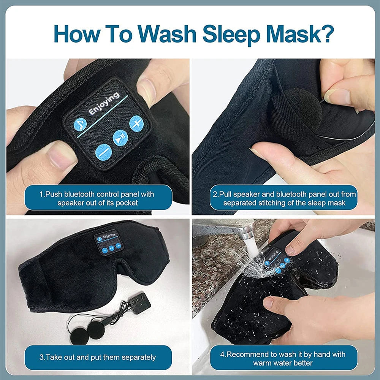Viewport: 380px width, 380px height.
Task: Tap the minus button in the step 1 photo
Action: click(x=103, y=152)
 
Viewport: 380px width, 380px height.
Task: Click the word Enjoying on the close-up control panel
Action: click(x=104, y=103)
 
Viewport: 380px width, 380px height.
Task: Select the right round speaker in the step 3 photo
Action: click(x=95, y=329)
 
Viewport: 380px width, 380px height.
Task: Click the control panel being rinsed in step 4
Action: click(x=276, y=260)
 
